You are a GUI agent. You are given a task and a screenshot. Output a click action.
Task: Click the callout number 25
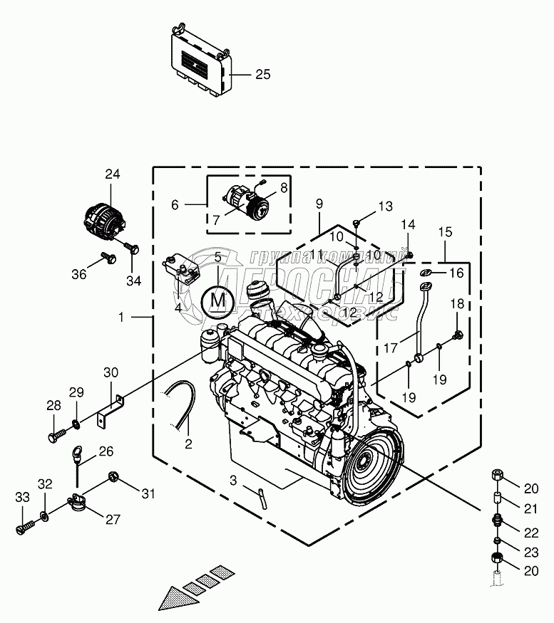[263, 74]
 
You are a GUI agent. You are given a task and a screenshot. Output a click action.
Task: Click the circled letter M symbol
[218, 300]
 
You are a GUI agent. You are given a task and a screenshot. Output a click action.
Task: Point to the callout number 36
[79, 274]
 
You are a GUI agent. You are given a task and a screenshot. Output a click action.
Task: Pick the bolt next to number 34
[132, 249]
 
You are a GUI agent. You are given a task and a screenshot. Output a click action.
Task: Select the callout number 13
[385, 206]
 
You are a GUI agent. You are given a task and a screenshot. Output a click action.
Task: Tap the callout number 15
[445, 232]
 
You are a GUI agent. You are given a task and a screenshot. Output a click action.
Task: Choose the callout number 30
[111, 372]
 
